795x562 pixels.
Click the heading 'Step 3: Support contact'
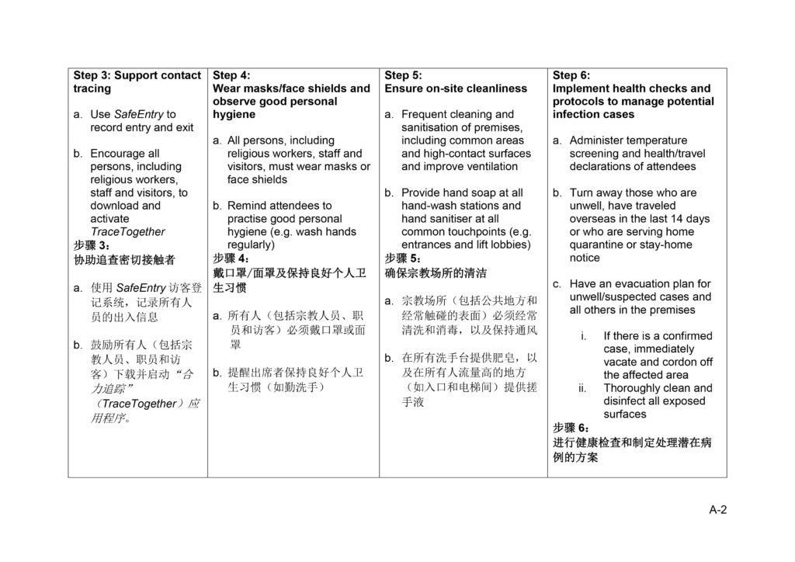(x=137, y=75)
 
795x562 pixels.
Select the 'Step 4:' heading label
(x=231, y=75)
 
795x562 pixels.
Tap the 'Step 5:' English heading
(x=404, y=75)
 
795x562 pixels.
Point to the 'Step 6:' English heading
(x=571, y=75)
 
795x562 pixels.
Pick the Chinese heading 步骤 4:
(x=231, y=258)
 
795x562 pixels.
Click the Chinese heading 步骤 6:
(x=571, y=428)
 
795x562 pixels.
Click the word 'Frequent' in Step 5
(x=424, y=114)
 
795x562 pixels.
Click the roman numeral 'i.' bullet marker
(x=583, y=336)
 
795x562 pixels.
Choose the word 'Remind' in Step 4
(x=246, y=206)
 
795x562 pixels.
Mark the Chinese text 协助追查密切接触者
(x=124, y=259)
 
